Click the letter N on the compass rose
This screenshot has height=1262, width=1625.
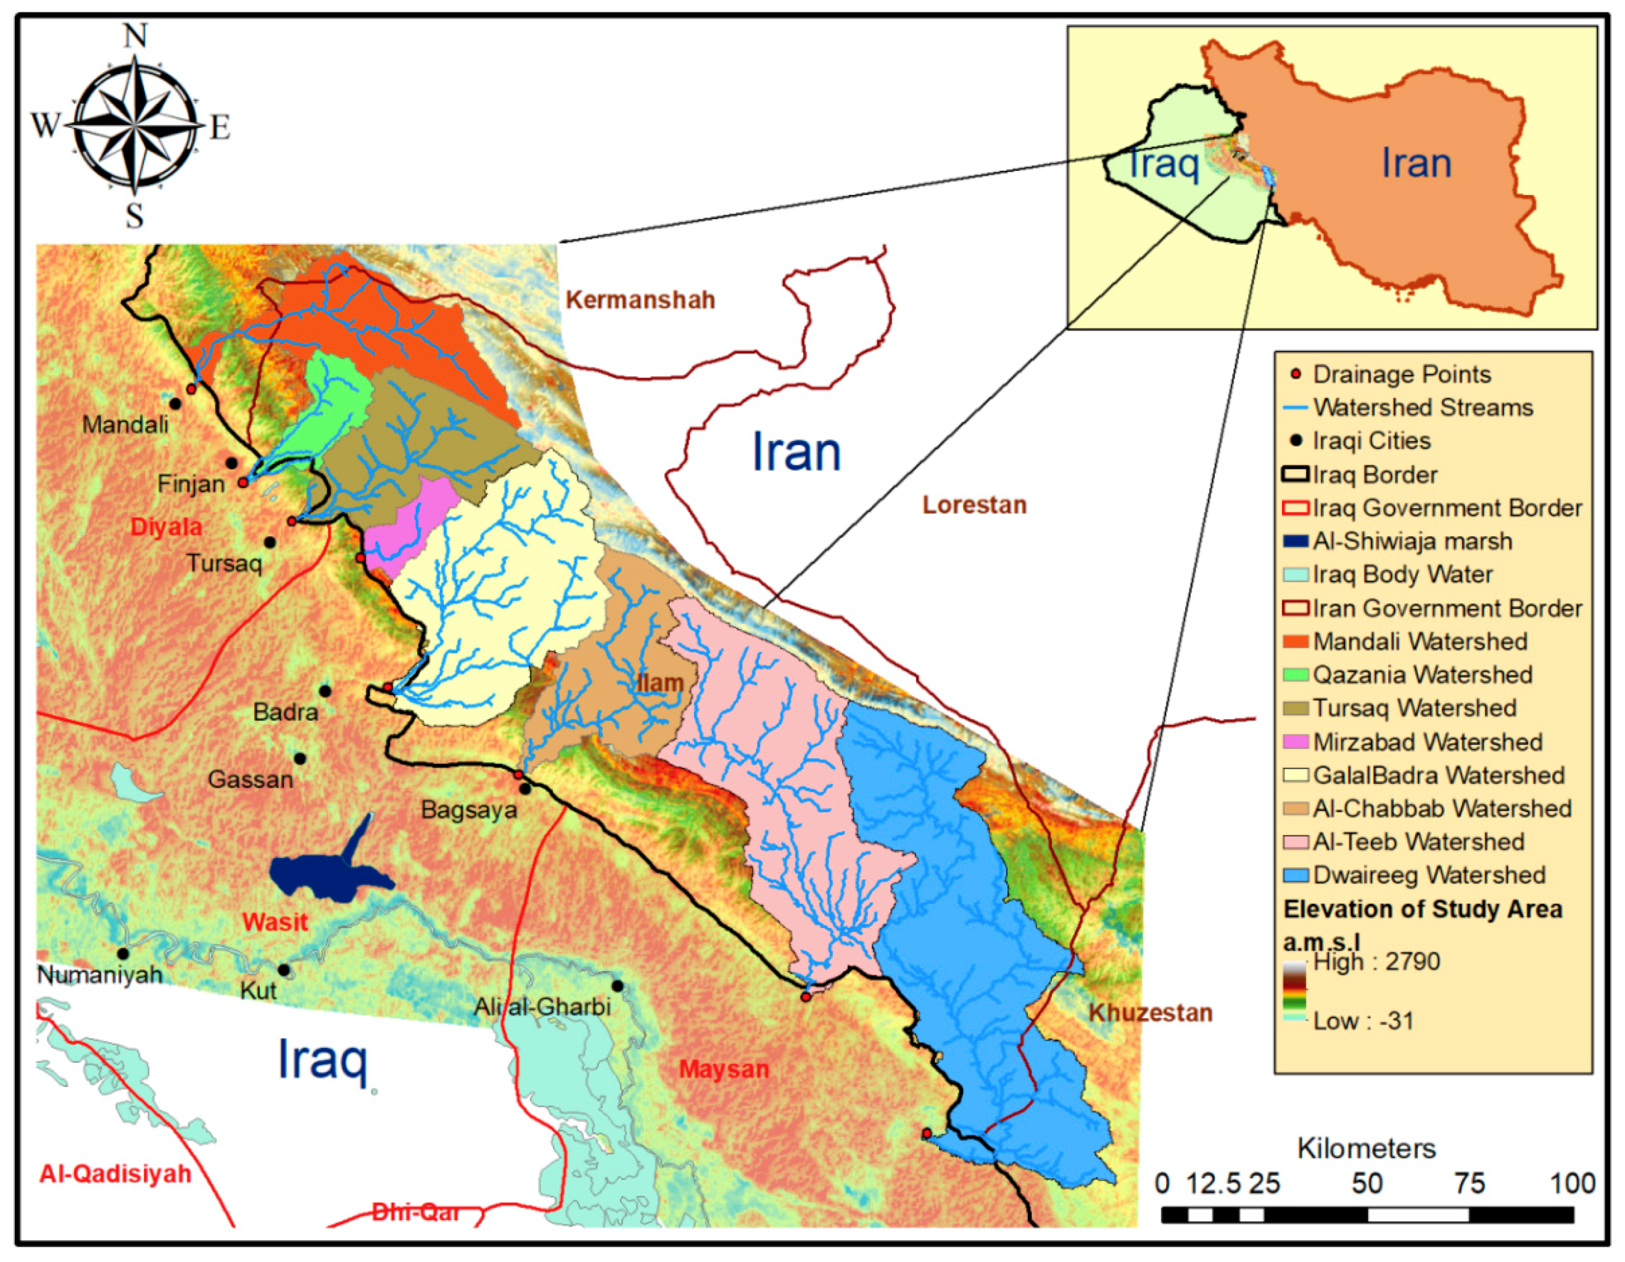click(x=134, y=36)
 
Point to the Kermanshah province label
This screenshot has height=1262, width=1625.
click(x=640, y=300)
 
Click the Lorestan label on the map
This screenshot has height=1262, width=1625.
click(x=974, y=505)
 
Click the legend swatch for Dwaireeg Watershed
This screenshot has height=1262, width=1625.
click(x=1296, y=875)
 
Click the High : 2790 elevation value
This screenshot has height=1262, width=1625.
click(x=1376, y=962)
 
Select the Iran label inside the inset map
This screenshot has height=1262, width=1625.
click(x=1416, y=163)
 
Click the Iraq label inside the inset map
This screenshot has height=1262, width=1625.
click(x=1162, y=163)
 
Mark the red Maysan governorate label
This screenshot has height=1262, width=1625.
click(x=723, y=1070)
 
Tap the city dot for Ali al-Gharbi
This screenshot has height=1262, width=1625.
click(x=617, y=986)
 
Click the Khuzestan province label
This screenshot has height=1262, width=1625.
click(x=1151, y=1013)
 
